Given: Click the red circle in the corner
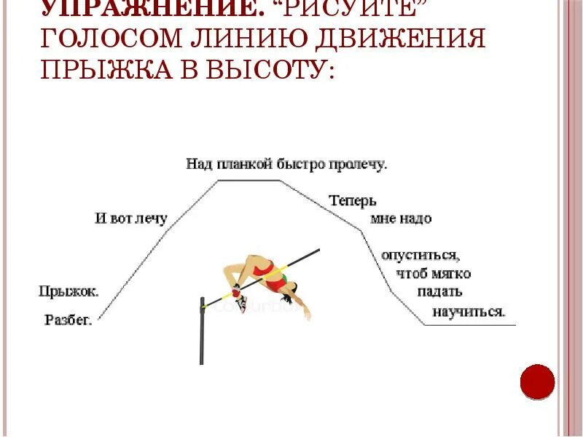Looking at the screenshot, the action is (x=538, y=382).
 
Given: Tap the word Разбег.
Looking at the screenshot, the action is (x=68, y=320).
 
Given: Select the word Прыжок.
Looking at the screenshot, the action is (x=69, y=291).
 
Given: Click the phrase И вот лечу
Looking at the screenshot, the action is (x=131, y=218).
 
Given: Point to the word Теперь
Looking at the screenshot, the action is (x=352, y=200).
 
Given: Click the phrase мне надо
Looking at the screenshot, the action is (x=401, y=219).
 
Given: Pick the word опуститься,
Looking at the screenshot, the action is (x=420, y=256).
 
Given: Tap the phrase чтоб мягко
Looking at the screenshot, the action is (x=434, y=274).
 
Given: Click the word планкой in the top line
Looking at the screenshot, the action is (x=243, y=164).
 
